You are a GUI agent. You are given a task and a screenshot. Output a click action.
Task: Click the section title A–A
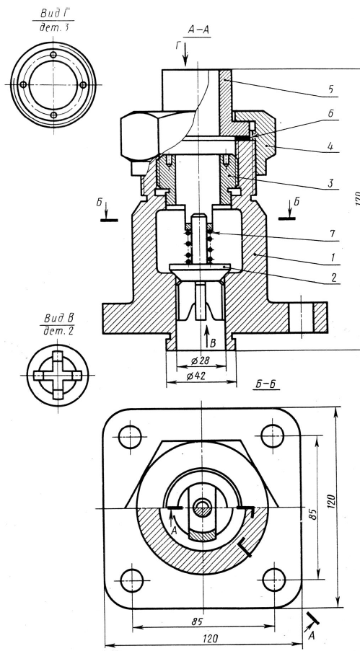coord(198,30)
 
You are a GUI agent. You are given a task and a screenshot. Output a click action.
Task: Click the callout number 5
coord(331,89)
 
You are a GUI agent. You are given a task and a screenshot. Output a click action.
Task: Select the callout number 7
coord(332,234)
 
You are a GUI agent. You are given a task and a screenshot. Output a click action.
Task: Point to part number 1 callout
coord(332,257)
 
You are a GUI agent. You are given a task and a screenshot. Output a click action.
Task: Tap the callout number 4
coord(330,146)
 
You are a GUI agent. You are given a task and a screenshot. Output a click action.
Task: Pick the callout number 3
coord(331,183)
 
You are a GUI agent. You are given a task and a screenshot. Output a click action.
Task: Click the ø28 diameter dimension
coord(200,360)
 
